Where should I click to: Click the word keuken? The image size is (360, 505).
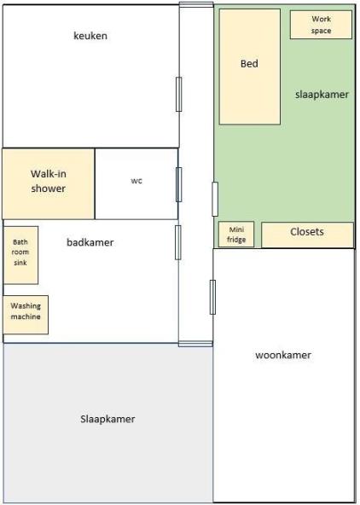coord(90,36)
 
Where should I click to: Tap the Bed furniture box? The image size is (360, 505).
coord(250,67)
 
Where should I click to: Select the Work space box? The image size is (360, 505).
coord(321,25)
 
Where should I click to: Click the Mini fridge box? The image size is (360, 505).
coord(236,235)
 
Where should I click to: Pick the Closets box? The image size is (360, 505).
coord(307,235)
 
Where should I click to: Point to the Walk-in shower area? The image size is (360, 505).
coord(49,184)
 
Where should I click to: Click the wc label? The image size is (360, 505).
coord(136,181)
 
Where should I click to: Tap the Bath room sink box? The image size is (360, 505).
coord(20,255)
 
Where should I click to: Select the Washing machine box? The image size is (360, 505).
coord(26,315)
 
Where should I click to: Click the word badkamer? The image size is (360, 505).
coord(90,242)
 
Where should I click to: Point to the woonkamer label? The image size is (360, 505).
coord(283,355)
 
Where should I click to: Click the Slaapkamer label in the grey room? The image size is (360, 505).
coord(107,419)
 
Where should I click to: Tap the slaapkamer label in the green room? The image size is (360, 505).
coord(322,95)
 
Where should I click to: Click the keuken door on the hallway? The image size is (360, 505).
coord(178,95)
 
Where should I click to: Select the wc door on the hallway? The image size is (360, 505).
coord(178,184)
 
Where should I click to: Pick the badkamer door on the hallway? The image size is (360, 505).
coord(178,242)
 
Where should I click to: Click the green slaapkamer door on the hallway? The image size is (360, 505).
coord(215,199)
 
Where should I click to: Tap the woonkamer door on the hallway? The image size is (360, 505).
coord(212,297)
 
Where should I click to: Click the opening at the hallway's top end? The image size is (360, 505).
coord(196,4)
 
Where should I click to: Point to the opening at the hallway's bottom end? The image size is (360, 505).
coord(195,344)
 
